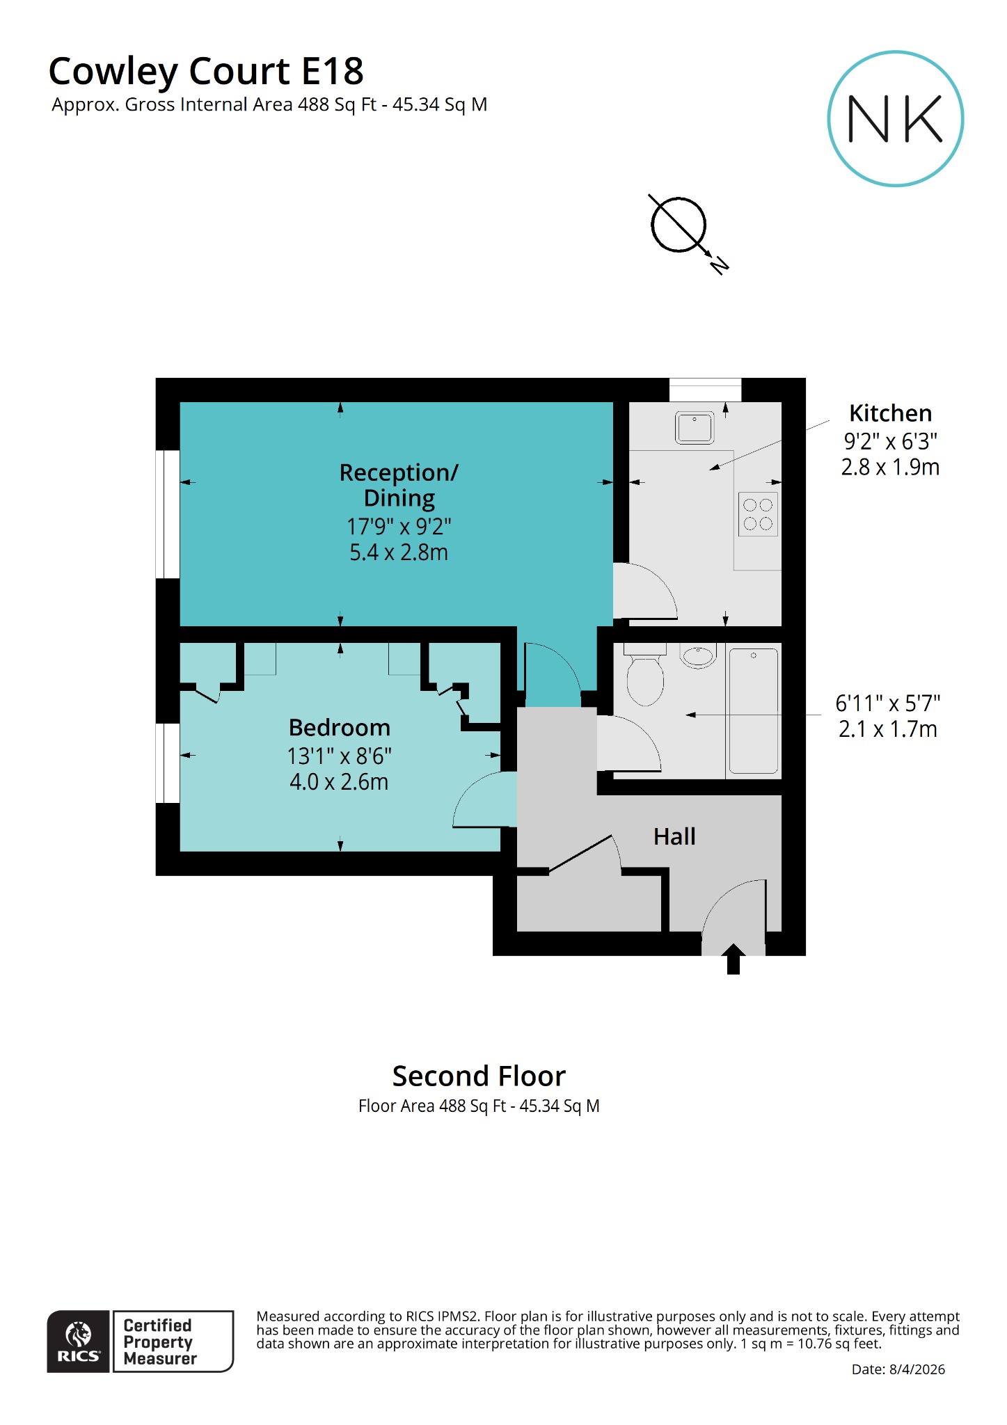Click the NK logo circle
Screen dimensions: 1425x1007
click(x=895, y=118)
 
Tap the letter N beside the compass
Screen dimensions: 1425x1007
click(x=720, y=264)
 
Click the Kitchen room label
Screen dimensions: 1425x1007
click(x=889, y=413)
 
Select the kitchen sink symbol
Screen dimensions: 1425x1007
click(x=694, y=427)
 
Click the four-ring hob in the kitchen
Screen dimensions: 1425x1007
click(x=758, y=515)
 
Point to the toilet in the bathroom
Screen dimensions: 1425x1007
click(x=644, y=678)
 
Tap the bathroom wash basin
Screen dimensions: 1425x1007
click(x=697, y=656)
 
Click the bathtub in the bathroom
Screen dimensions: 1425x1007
click(x=752, y=710)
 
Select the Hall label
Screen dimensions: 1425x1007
click(x=674, y=836)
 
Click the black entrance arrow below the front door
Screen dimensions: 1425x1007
click(x=733, y=960)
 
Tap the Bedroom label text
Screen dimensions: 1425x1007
click(x=339, y=728)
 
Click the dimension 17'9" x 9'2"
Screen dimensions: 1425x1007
click(x=399, y=527)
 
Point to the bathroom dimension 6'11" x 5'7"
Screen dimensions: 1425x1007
click(x=887, y=703)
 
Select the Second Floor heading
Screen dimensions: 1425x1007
click(x=479, y=1076)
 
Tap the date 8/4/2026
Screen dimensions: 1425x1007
click(x=917, y=1369)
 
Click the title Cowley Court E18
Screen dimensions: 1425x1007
click(x=206, y=71)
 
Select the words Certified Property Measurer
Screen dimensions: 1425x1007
click(x=160, y=1342)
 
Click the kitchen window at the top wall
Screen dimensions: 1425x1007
click(x=705, y=389)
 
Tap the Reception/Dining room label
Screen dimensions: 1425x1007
click(x=399, y=485)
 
